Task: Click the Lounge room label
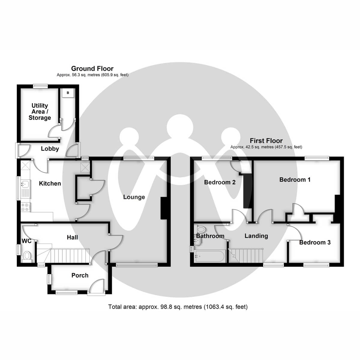[x=134, y=197]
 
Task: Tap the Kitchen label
[x=50, y=183]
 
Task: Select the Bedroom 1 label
[x=295, y=180]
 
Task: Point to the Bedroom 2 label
[x=220, y=182]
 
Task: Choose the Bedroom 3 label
[x=315, y=242]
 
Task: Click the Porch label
[x=80, y=275]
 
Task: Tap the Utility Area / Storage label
[x=40, y=112]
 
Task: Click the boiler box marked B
[x=68, y=93]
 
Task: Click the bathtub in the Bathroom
[x=209, y=257]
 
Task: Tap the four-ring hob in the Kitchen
[x=25, y=207]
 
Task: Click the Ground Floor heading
[x=92, y=69]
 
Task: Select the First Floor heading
[x=266, y=141]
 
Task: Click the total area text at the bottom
[x=178, y=307]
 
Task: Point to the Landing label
[x=256, y=236]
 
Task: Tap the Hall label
[x=72, y=237]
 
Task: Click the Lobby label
[x=50, y=149]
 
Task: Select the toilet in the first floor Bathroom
[x=200, y=230]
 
